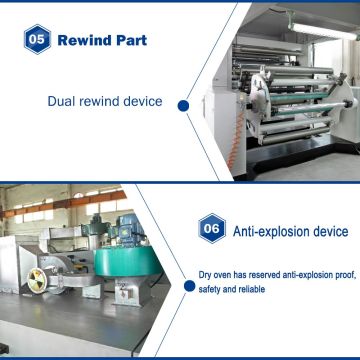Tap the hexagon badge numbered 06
coord(211,229)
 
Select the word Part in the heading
coord(133,41)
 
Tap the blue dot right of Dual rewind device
coord(184,102)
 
